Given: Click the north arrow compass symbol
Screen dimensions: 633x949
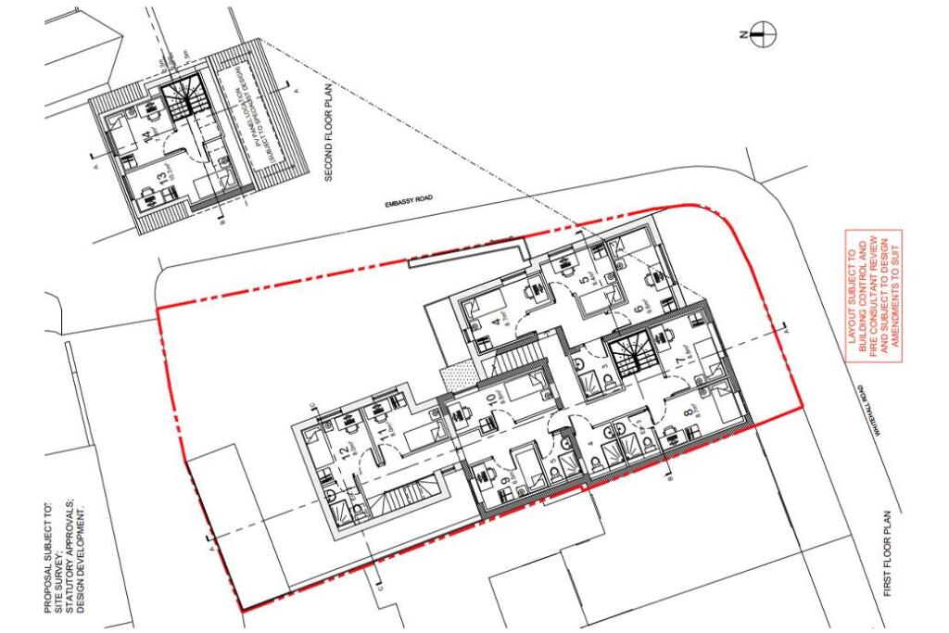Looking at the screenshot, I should (x=763, y=35).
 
